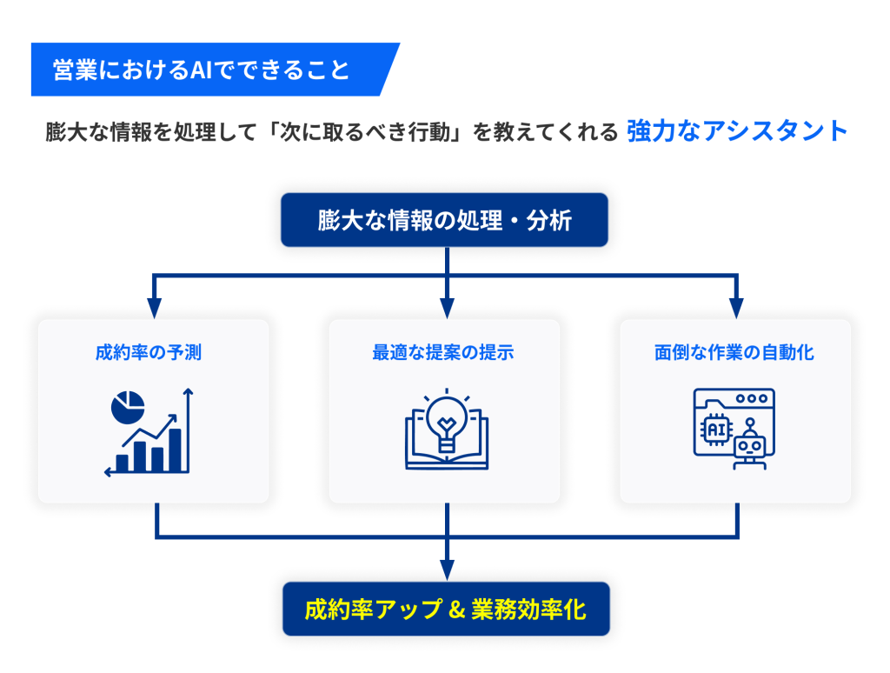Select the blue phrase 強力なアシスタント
(x=736, y=131)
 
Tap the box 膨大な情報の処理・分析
(x=444, y=220)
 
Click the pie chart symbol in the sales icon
(x=128, y=406)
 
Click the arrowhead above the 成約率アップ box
(x=447, y=571)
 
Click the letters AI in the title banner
(x=201, y=70)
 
